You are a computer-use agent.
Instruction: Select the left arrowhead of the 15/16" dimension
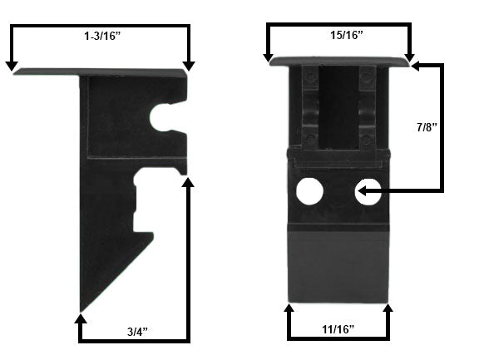269,58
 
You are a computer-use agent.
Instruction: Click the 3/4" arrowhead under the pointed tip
79,318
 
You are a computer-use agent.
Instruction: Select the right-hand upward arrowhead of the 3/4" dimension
188,181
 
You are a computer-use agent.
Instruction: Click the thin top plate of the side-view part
100,73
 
